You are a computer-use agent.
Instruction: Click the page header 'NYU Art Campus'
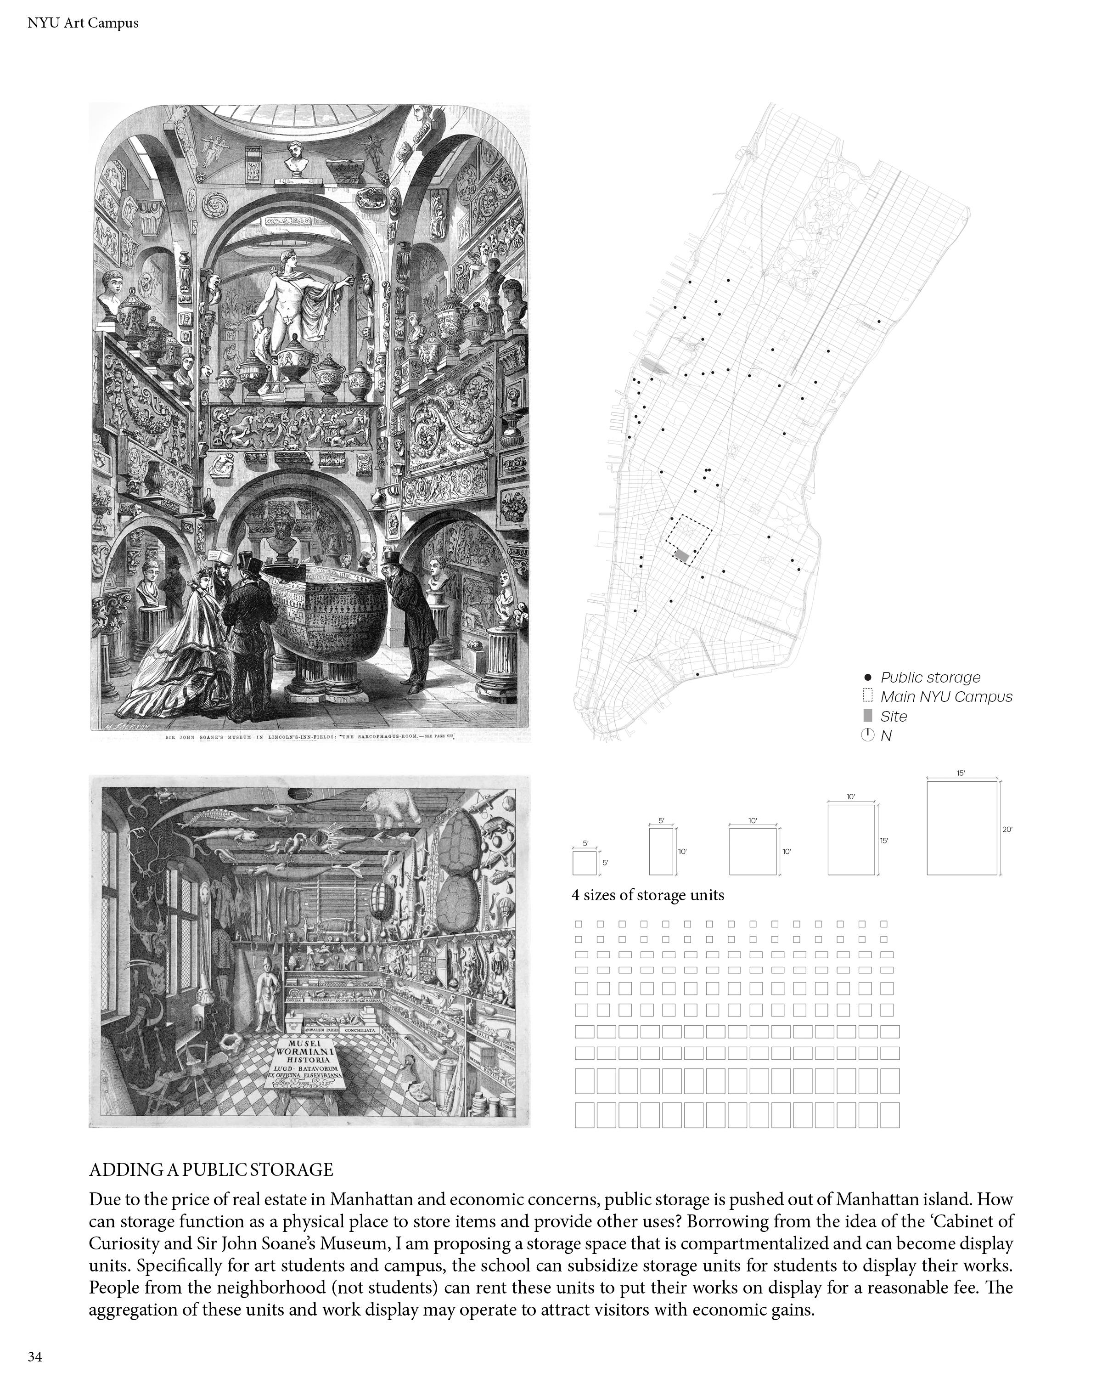[83, 23]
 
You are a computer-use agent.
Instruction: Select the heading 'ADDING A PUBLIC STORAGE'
[211, 1169]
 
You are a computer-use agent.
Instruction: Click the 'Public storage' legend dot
[867, 677]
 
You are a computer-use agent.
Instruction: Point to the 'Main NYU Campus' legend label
[945, 697]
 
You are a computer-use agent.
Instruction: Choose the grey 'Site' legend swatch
[867, 716]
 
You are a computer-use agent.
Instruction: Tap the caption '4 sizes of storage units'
[648, 895]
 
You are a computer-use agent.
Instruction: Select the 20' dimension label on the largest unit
[1007, 830]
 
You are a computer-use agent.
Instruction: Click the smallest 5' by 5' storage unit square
[584, 863]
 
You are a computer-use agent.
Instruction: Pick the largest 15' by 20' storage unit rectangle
[961, 828]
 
